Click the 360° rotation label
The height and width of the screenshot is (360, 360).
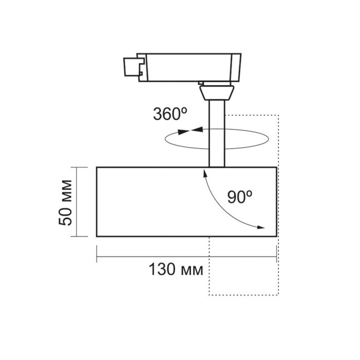pyautogui.click(x=170, y=114)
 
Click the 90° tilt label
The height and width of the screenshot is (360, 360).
pyautogui.click(x=240, y=197)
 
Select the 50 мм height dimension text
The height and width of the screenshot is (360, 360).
pyautogui.click(x=65, y=203)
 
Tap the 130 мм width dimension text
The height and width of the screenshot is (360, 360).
pyautogui.click(x=176, y=269)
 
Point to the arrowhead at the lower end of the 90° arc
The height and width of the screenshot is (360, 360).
pyautogui.click(x=261, y=227)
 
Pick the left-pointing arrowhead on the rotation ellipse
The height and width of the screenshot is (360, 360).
pyautogui.click(x=197, y=130)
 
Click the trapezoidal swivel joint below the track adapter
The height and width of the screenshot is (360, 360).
pyautogui.click(x=217, y=93)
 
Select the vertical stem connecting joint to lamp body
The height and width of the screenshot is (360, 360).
pyautogui.click(x=217, y=133)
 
